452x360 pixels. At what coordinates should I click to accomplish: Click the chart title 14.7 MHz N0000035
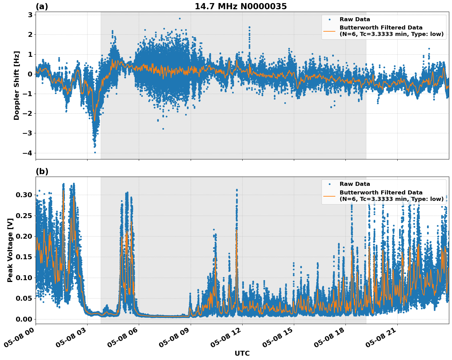[x=241, y=6]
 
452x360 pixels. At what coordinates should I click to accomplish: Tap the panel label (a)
[x=42, y=6]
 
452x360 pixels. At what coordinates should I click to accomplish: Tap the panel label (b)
[x=42, y=171]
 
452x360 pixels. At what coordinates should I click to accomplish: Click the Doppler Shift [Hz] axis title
[x=17, y=85]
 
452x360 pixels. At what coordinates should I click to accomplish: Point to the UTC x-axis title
[x=242, y=353]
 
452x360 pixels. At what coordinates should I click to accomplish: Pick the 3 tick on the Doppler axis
[x=30, y=15]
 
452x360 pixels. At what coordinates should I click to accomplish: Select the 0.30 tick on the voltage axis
[x=24, y=195]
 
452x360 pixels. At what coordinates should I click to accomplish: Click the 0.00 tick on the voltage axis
[x=24, y=319]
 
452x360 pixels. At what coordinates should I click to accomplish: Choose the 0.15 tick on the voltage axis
[x=24, y=257]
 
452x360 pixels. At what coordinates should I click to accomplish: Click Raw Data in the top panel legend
[x=355, y=19]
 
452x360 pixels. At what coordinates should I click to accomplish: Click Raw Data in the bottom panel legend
[x=355, y=184]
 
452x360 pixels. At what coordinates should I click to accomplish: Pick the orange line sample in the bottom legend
[x=329, y=196]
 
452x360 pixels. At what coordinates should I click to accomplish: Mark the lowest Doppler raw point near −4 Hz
[x=95, y=152]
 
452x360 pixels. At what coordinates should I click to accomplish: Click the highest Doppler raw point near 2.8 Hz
[x=180, y=18]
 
